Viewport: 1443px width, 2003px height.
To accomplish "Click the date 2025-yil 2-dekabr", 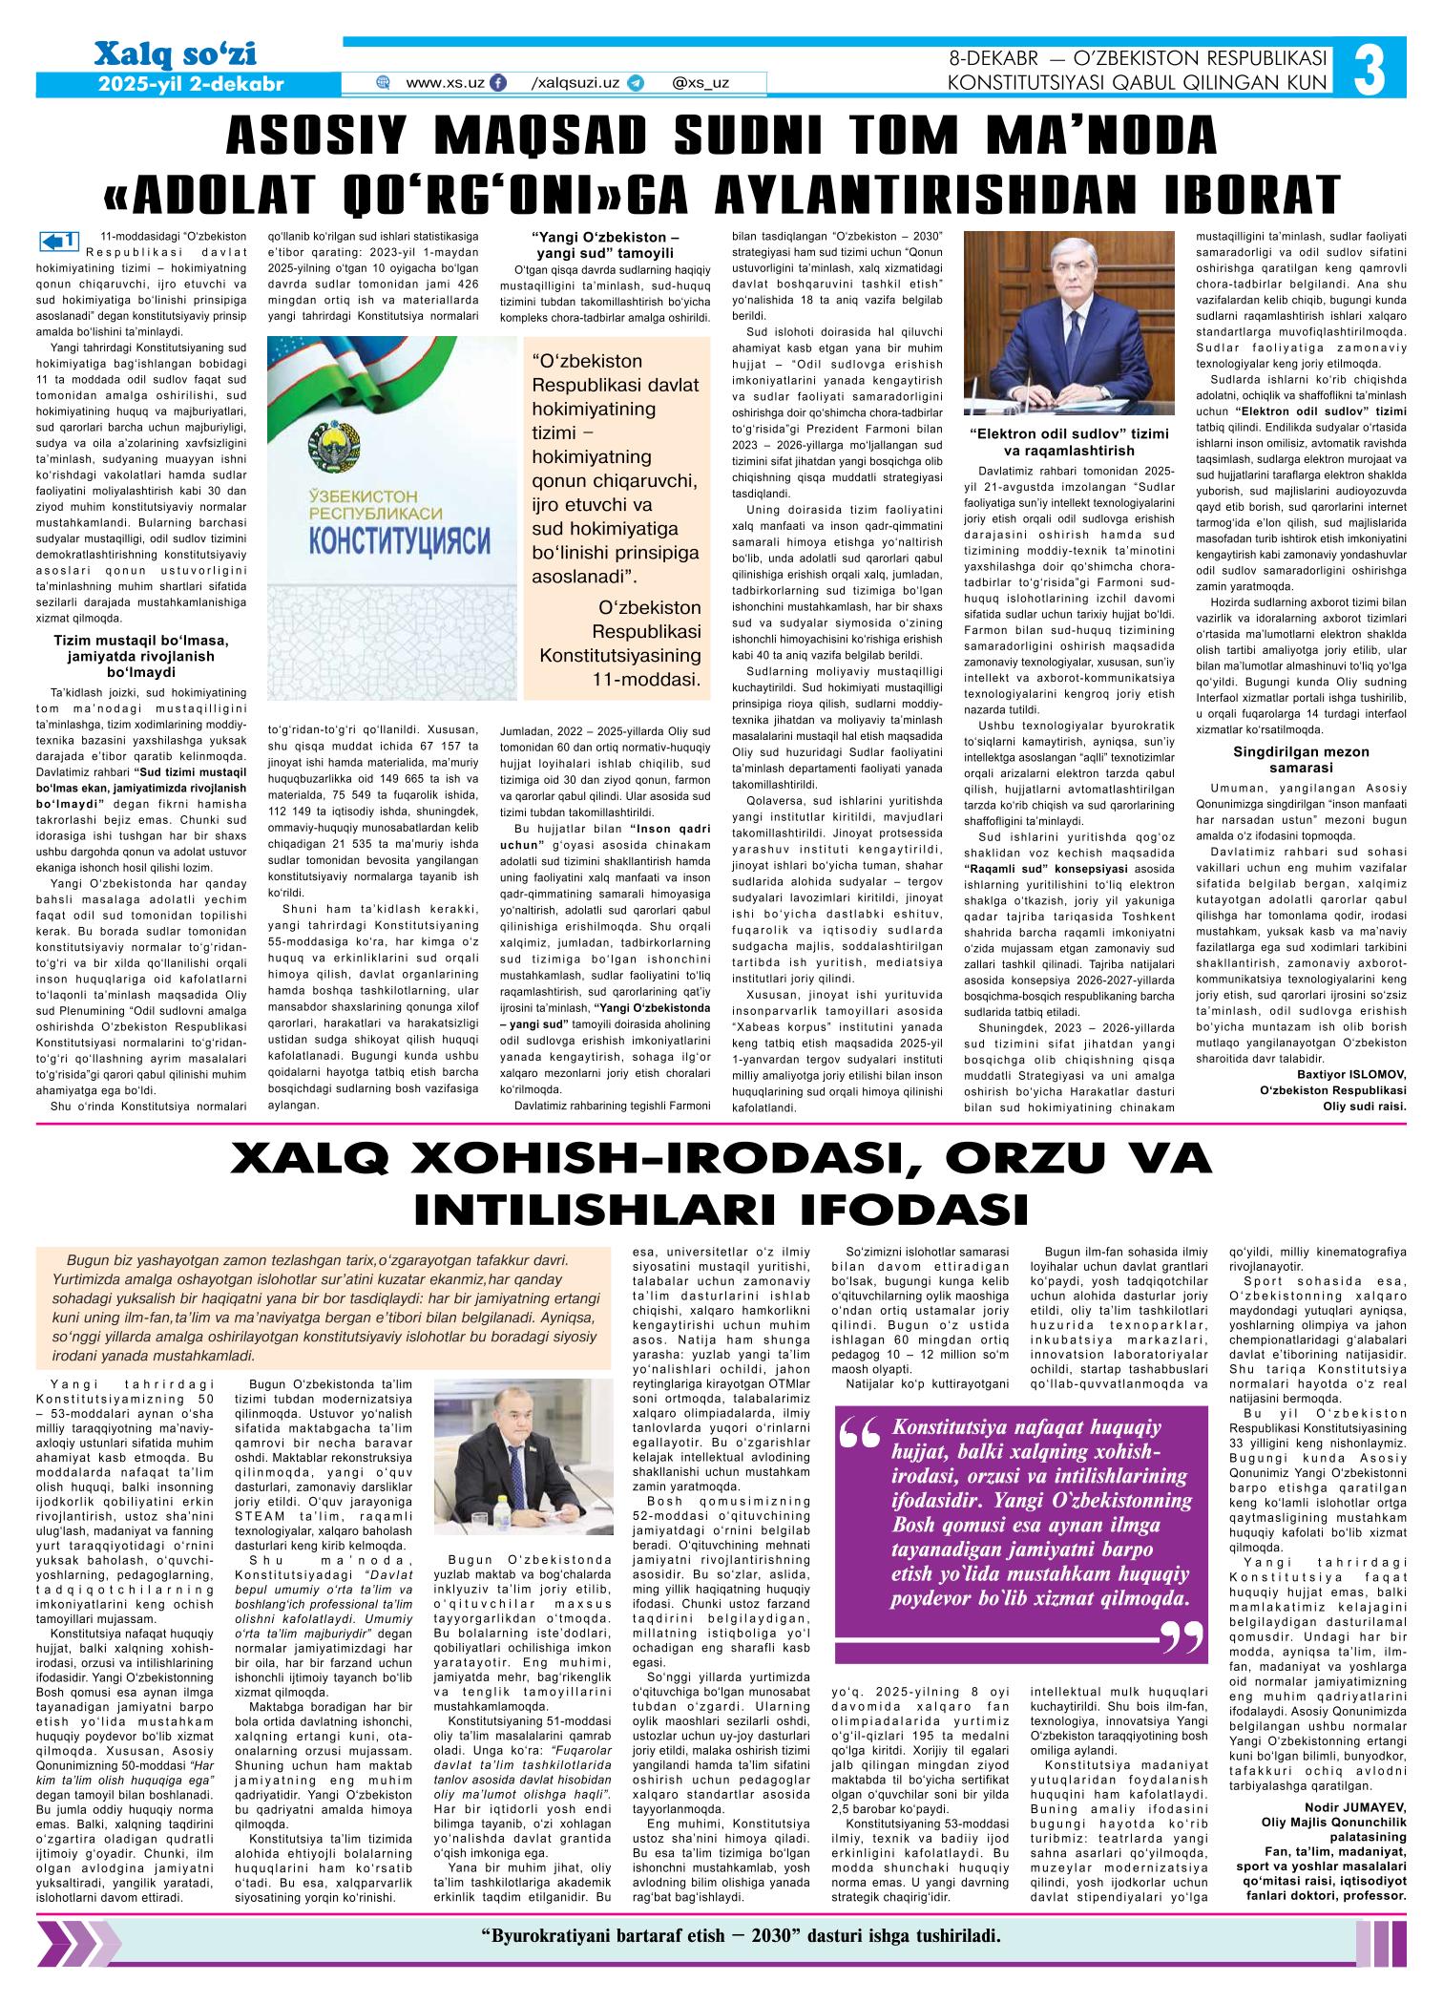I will (192, 84).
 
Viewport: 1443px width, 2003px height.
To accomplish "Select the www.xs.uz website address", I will (445, 83).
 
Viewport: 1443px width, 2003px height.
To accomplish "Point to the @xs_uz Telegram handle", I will (701, 83).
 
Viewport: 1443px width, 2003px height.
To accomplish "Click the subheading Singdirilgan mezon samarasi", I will (1305, 759).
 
